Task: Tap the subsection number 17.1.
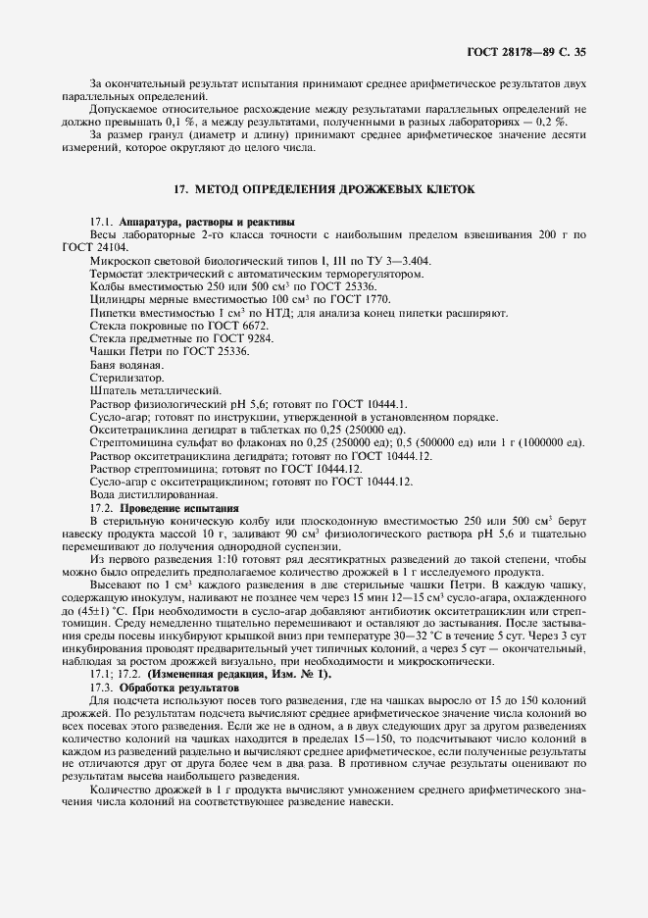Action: pos(101,223)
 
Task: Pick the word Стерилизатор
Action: pos(126,377)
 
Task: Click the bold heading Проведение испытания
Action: pos(178,507)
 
